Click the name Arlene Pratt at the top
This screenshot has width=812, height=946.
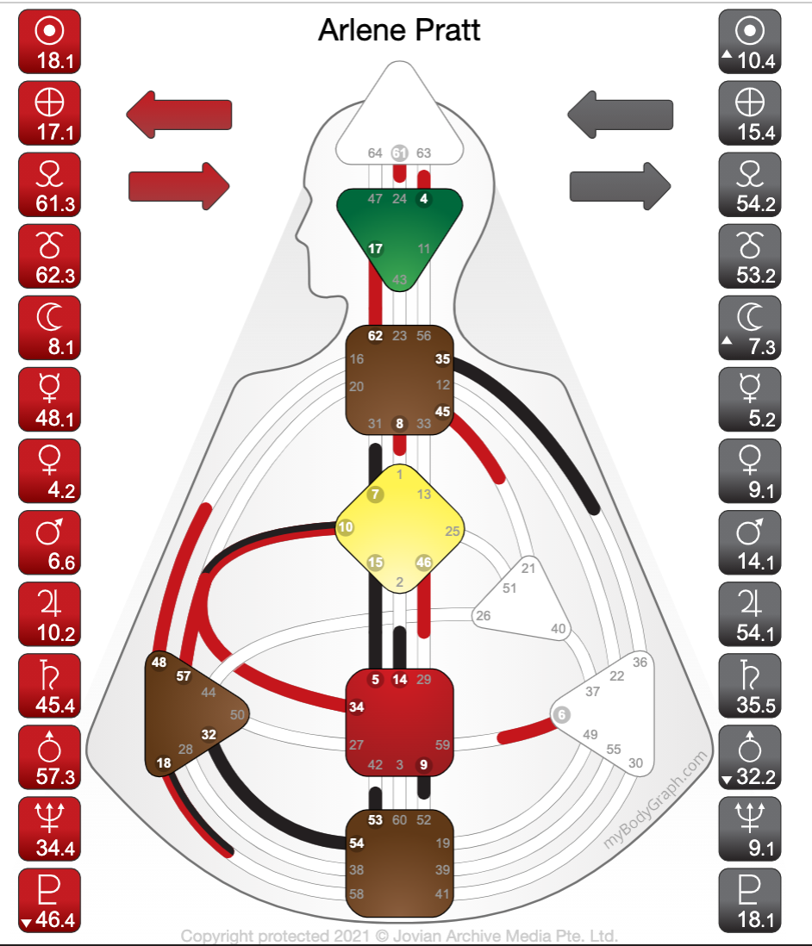399,31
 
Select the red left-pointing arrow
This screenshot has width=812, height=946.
179,115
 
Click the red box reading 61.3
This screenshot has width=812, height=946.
49,184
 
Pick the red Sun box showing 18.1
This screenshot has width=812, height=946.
49,41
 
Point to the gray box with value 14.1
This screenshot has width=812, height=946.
749,542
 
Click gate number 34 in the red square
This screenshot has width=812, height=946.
356,706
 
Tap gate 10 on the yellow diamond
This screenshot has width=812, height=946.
346,527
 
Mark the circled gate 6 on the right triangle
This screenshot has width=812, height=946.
561,714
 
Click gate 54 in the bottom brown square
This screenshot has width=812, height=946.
357,843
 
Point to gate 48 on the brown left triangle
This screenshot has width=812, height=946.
159,662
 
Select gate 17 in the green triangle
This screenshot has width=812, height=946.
375,249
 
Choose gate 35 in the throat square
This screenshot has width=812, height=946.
443,360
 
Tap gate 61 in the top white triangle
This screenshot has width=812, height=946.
399,153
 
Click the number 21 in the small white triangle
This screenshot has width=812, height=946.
528,568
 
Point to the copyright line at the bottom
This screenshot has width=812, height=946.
399,936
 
